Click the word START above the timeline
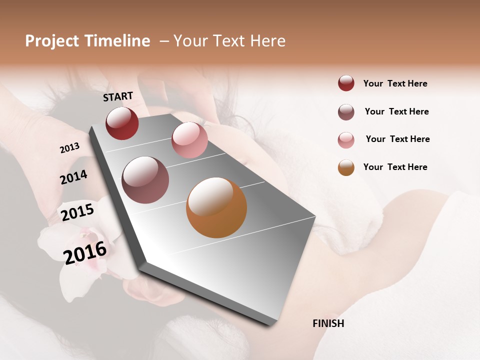click(x=118, y=96)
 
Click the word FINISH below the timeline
click(x=328, y=323)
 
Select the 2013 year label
click(x=69, y=148)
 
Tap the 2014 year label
click(x=73, y=177)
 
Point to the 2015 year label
click(x=77, y=212)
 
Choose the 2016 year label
click(x=85, y=252)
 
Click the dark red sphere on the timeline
click(x=122, y=123)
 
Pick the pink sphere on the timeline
click(x=189, y=140)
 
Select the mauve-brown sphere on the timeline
click(x=145, y=180)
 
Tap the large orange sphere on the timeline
click(x=216, y=207)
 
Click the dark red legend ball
click(x=346, y=83)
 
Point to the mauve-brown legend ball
click(x=346, y=112)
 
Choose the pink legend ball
click(x=346, y=140)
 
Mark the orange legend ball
click(x=346, y=167)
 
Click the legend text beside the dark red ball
click(x=395, y=83)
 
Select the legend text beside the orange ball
click(x=395, y=167)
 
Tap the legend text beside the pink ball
click(x=397, y=139)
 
